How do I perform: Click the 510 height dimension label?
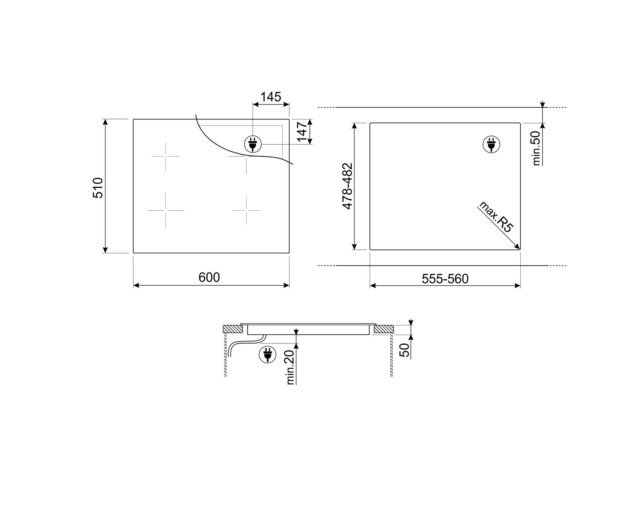pyautogui.click(x=98, y=188)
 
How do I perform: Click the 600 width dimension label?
pyautogui.click(x=209, y=277)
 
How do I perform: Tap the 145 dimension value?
pyautogui.click(x=271, y=97)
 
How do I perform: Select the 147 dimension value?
pyautogui.click(x=302, y=132)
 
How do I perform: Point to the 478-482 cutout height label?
pyautogui.click(x=348, y=186)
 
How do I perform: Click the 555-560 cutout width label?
pyautogui.click(x=445, y=279)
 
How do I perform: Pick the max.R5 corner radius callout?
pyautogui.click(x=496, y=217)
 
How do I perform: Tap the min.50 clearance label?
pyautogui.click(x=537, y=148)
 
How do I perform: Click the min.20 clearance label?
pyautogui.click(x=290, y=367)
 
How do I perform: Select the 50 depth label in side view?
pyautogui.click(x=405, y=350)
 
